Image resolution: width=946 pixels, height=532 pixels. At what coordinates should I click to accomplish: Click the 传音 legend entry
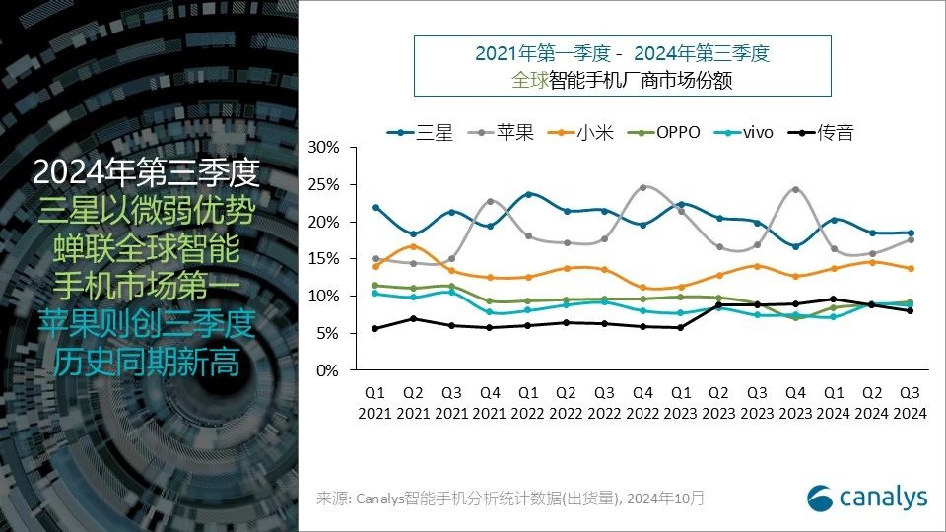pyautogui.click(x=829, y=132)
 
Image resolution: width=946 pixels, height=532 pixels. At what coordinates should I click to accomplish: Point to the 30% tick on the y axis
pyautogui.click(x=324, y=147)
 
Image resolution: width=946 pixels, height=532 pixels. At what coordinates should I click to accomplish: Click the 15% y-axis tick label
pyautogui.click(x=324, y=259)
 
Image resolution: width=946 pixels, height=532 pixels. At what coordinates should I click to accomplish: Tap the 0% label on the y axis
pyautogui.click(x=328, y=370)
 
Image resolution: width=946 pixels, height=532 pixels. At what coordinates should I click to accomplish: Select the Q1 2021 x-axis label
pyautogui.click(x=375, y=403)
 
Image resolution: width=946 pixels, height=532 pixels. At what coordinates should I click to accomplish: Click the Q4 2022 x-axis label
pyautogui.click(x=642, y=403)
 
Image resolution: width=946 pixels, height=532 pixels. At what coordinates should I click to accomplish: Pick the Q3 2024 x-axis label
pyautogui.click(x=910, y=403)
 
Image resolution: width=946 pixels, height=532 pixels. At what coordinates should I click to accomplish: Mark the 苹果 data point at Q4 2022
pyautogui.click(x=642, y=187)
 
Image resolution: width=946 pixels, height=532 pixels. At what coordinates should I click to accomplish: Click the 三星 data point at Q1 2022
pyautogui.click(x=528, y=194)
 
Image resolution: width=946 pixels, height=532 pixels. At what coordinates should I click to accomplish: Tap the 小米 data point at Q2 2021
pyautogui.click(x=414, y=246)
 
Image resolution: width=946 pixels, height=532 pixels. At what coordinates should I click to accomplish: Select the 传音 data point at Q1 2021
pyautogui.click(x=375, y=328)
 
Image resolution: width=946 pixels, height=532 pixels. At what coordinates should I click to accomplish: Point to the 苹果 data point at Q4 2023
pyautogui.click(x=795, y=189)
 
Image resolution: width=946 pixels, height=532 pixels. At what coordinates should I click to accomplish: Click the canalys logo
pyautogui.click(x=866, y=498)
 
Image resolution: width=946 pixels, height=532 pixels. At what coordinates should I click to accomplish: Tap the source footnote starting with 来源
pyautogui.click(x=510, y=499)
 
